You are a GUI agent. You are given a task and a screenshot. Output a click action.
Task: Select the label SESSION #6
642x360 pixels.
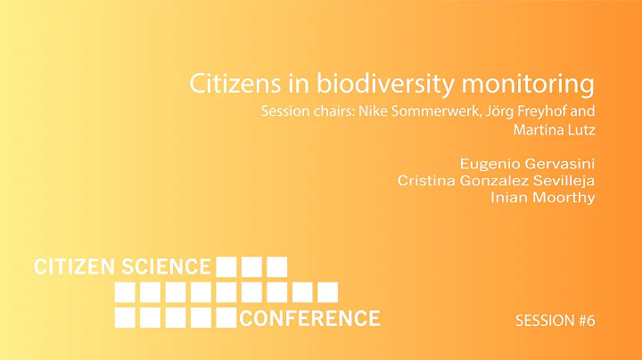[x=555, y=320]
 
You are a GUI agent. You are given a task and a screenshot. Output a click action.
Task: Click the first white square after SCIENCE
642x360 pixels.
[x=226, y=266]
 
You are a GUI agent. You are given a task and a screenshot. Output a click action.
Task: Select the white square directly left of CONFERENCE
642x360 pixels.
[x=226, y=317]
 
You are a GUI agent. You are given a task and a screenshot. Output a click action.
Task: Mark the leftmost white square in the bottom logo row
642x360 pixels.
[x=126, y=317]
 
